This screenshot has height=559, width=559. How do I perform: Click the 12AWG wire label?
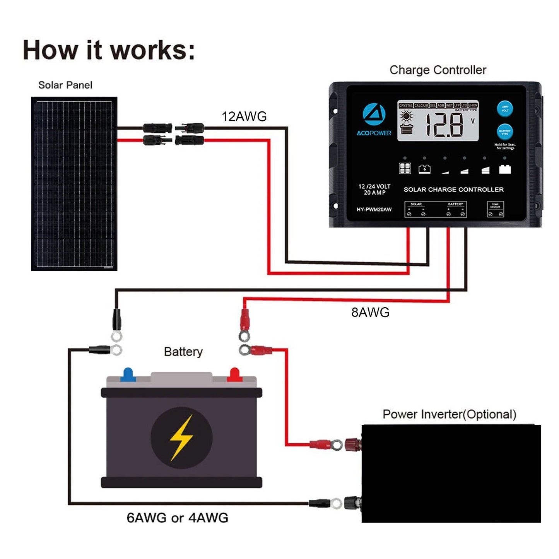tap(244, 116)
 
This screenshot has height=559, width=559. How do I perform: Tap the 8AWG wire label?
tap(370, 312)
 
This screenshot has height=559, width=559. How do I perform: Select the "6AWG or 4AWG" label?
tap(177, 517)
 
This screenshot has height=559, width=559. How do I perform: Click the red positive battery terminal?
tap(234, 374)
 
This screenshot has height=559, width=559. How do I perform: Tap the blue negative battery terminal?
tap(128, 374)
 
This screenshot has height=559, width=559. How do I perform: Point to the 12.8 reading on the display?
tap(444, 125)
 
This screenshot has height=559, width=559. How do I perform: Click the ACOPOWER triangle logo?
tap(374, 114)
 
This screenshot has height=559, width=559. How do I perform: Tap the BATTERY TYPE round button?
tap(504, 132)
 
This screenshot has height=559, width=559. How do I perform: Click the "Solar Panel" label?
tap(65, 85)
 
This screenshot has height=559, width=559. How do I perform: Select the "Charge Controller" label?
tap(438, 70)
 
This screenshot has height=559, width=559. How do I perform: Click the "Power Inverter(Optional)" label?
tap(449, 414)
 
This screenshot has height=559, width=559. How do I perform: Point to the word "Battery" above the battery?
tap(183, 352)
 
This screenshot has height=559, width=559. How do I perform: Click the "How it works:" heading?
tap(109, 50)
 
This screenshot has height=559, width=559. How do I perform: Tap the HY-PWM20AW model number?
tap(374, 210)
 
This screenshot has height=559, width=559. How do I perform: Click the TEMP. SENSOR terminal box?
tap(495, 209)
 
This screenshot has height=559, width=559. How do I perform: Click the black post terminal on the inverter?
tap(352, 502)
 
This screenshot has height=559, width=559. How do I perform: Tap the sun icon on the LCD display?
tap(406, 116)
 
